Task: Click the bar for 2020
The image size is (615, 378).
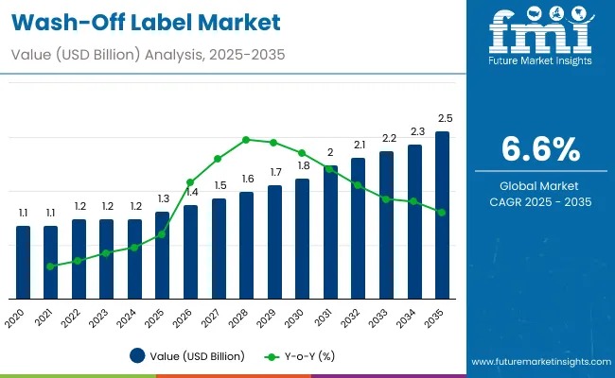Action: pyautogui.click(x=24, y=263)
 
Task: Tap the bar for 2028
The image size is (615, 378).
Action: pyautogui.click(x=247, y=246)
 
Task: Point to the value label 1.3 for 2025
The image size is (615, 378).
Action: pyautogui.click(x=163, y=198)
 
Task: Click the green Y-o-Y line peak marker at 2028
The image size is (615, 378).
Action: pyautogui.click(x=246, y=140)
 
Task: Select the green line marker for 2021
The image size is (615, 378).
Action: pyautogui.click(x=50, y=266)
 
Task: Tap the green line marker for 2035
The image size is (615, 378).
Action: pyautogui.click(x=442, y=213)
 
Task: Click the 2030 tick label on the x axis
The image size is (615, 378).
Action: pyautogui.click(x=298, y=318)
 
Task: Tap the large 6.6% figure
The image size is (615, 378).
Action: pyautogui.click(x=539, y=149)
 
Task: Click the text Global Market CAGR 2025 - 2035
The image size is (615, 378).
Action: pyautogui.click(x=539, y=194)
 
